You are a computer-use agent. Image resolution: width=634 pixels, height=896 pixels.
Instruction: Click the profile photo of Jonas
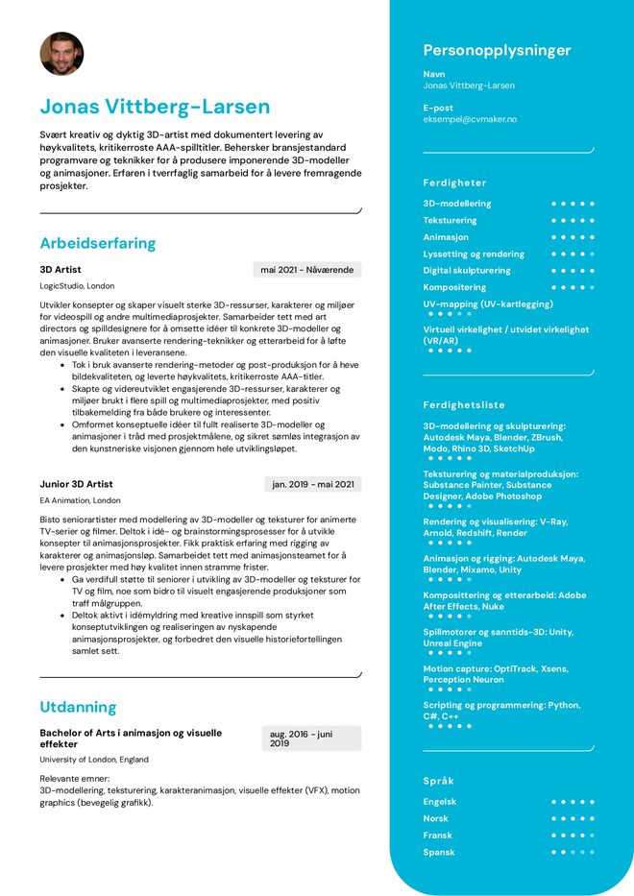coord(61,54)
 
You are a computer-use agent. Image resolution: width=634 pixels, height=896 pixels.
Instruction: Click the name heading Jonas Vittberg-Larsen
coord(155,107)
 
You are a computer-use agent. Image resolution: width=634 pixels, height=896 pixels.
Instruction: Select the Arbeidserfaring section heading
coord(97,243)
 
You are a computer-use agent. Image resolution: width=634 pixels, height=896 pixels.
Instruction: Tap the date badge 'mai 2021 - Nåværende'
coord(306,270)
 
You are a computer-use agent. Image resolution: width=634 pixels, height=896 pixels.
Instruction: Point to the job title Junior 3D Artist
coord(76,484)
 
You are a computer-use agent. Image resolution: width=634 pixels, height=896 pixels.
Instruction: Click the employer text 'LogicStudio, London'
coord(77,286)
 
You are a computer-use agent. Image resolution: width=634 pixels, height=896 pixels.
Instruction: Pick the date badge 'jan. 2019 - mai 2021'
coord(313,484)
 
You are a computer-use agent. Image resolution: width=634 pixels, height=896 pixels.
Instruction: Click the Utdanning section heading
coord(78,707)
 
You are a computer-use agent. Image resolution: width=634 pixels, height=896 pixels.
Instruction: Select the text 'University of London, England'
coord(94,760)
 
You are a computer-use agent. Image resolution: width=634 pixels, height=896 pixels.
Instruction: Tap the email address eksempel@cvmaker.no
coord(470,119)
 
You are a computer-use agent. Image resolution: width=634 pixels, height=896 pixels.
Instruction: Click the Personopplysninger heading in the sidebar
coord(497,51)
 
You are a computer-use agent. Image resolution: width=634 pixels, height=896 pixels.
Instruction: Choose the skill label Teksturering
coord(450,221)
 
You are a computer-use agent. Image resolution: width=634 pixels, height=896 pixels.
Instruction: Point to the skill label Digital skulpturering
coord(467,271)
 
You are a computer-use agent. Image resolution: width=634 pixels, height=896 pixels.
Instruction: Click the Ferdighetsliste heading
coord(463,405)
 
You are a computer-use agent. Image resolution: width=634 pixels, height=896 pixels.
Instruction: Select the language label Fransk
coord(437,835)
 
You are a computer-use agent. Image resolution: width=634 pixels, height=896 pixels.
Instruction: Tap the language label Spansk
coord(439,852)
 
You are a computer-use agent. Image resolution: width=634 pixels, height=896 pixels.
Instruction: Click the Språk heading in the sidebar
coord(439,781)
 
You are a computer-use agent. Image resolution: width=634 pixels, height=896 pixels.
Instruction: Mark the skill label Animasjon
coord(446,237)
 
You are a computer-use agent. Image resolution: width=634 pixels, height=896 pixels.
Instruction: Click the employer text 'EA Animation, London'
coord(80,500)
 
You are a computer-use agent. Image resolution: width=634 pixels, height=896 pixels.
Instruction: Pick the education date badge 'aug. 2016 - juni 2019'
coord(311,738)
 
